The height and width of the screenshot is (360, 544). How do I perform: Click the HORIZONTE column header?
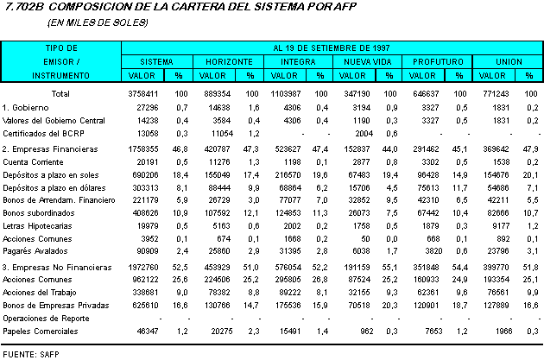point(229,62)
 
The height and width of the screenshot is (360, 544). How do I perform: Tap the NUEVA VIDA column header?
point(368,62)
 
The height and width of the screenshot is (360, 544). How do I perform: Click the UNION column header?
point(507,62)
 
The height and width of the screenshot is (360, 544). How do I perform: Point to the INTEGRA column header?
point(298,62)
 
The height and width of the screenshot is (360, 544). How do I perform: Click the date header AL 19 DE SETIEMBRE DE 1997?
point(333,47)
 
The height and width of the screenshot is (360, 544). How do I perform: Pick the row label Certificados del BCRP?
point(47,133)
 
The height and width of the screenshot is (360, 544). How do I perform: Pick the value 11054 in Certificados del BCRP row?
point(223,133)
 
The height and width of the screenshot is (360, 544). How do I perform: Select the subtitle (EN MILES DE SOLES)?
point(98,22)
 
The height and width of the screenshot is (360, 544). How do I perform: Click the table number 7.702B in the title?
point(22,7)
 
